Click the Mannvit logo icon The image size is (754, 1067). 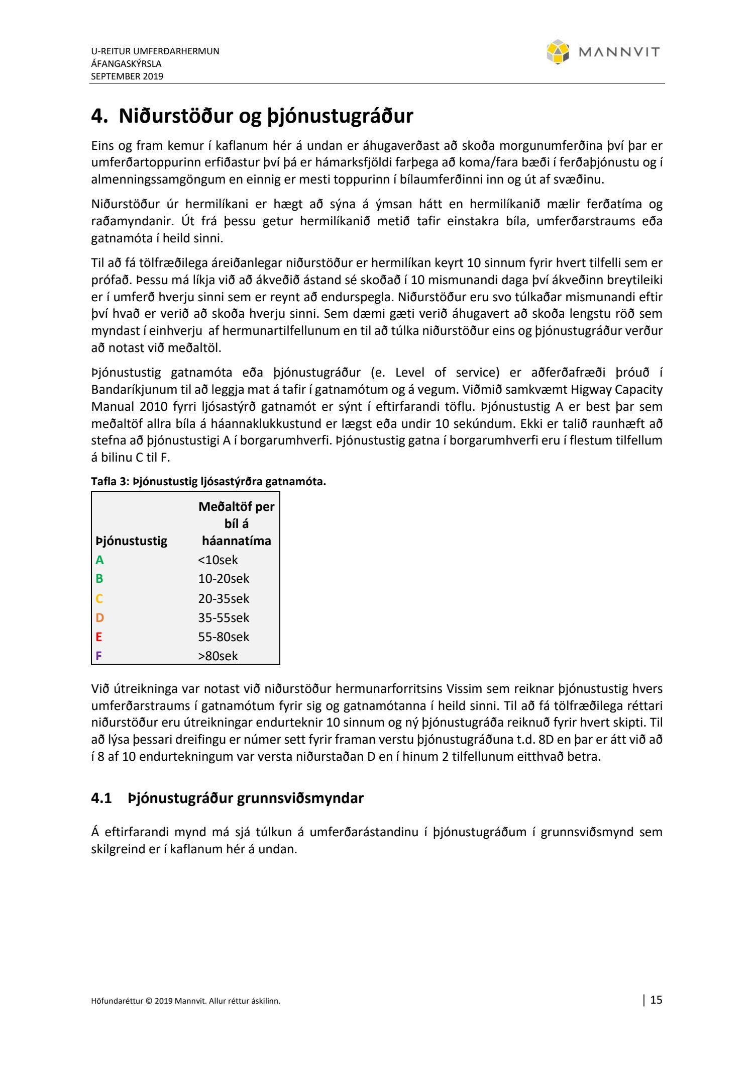(x=558, y=52)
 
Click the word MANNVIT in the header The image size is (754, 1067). (x=619, y=52)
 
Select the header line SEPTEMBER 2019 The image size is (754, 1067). (x=127, y=76)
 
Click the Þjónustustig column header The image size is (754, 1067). (x=132, y=541)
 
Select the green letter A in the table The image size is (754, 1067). (x=99, y=560)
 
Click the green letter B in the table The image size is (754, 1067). (x=99, y=579)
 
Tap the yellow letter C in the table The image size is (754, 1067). (x=99, y=598)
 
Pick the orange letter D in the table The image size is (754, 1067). (x=99, y=617)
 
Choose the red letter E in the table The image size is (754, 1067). (x=99, y=637)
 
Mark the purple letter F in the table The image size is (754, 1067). (x=98, y=656)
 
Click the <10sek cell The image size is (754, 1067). (x=218, y=560)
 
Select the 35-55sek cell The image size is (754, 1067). (x=224, y=617)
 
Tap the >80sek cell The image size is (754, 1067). (x=218, y=656)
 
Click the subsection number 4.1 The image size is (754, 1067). (x=101, y=798)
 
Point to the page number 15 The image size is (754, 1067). (x=656, y=1000)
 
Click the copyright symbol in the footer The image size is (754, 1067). (x=149, y=1001)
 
